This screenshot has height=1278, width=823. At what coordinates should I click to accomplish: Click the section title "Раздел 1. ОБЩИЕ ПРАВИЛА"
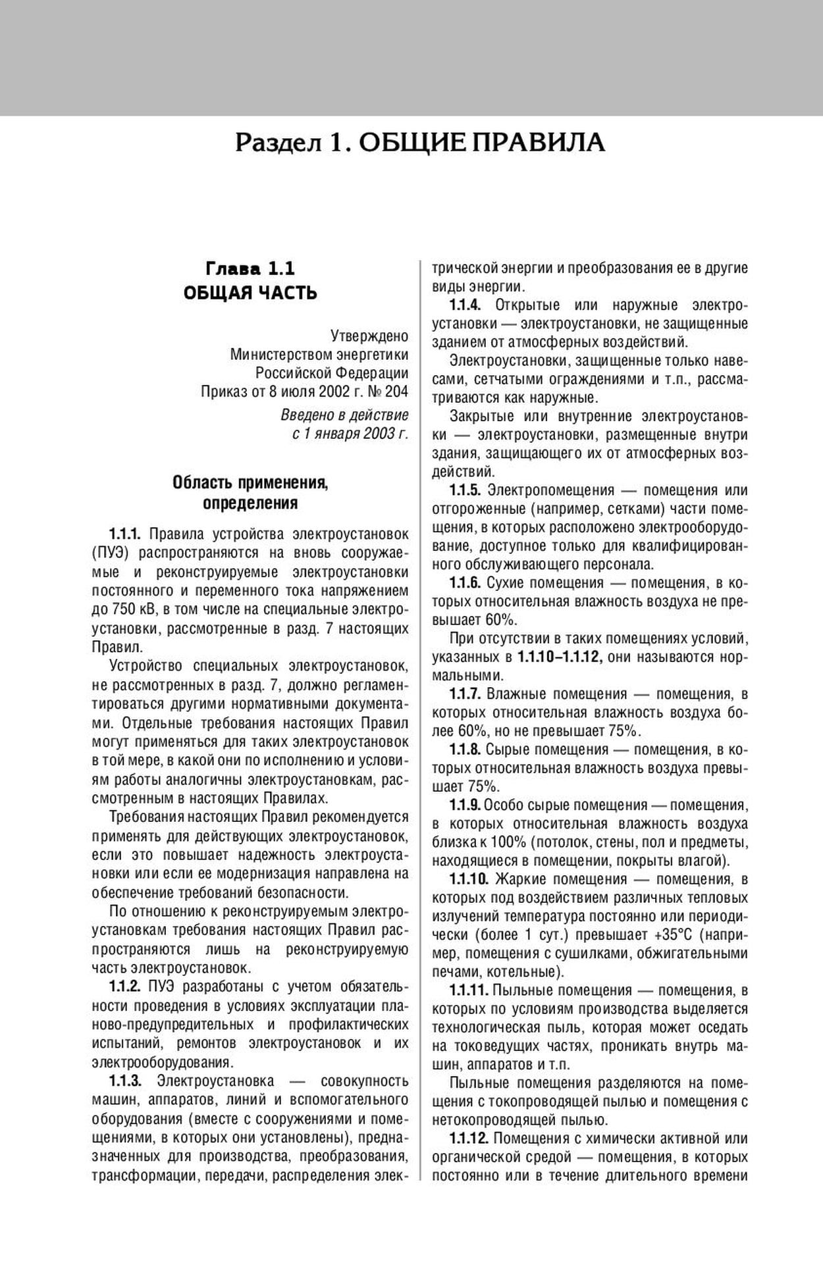[x=419, y=143]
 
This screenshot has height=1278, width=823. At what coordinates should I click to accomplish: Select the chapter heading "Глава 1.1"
[x=250, y=269]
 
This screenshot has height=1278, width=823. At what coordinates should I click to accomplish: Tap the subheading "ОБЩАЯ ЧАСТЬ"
[x=250, y=293]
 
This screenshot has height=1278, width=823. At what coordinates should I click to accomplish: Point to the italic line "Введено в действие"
[x=344, y=415]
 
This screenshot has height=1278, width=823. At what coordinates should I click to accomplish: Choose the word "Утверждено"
[x=369, y=336]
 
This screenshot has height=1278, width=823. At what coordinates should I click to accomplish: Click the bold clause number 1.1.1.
[x=126, y=534]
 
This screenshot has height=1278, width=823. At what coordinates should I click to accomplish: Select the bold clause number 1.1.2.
[x=125, y=987]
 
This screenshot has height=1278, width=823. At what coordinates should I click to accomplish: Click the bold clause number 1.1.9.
[x=465, y=805]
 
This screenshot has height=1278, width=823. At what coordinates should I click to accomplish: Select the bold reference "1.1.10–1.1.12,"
[x=560, y=657]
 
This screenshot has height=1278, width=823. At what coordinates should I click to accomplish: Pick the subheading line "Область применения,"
[x=250, y=483]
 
